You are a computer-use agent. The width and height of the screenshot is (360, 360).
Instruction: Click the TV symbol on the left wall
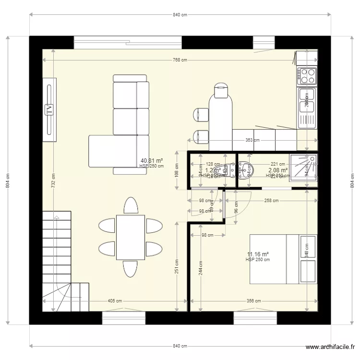[x=49, y=110]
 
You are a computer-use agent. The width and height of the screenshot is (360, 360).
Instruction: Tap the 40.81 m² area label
[x=151, y=161]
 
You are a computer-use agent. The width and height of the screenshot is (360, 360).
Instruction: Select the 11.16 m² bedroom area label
[x=258, y=254]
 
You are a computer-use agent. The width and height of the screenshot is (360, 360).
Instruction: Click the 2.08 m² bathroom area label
[x=278, y=170]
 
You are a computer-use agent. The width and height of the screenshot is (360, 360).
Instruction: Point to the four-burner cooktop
[x=307, y=76]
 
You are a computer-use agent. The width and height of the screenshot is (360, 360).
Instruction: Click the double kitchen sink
[x=307, y=108]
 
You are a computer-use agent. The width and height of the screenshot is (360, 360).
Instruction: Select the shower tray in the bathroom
[x=303, y=168]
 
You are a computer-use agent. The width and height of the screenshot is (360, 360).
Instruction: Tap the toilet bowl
[x=247, y=169]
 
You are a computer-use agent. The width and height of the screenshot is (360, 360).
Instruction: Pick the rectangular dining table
[x=131, y=237]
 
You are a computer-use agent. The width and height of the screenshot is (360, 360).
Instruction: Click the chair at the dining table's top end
[x=131, y=205]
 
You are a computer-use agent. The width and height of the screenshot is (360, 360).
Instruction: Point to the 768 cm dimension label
[x=180, y=60]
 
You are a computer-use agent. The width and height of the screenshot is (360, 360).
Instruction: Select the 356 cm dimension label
[x=253, y=301]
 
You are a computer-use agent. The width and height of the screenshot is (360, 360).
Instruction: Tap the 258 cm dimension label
[x=271, y=201]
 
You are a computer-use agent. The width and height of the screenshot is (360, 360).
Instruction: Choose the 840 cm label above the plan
[x=180, y=15]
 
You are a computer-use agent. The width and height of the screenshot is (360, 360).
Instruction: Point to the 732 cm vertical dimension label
[x=53, y=180]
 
